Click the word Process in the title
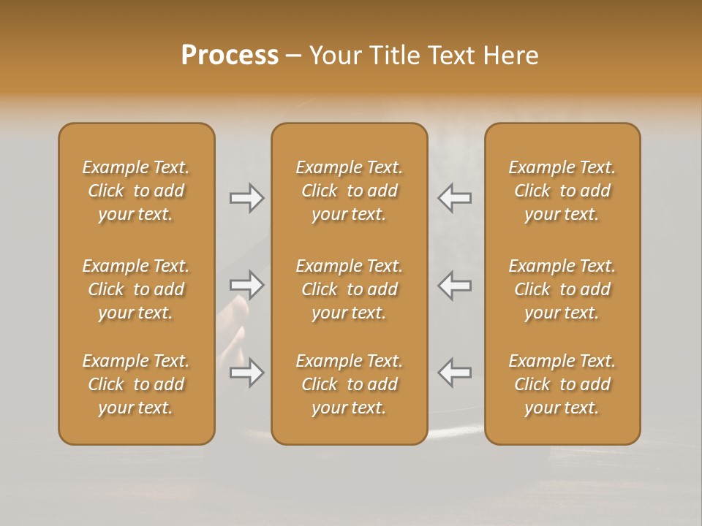pos(230,56)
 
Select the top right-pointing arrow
pos(247,197)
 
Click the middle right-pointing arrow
pos(247,285)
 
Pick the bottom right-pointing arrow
pos(247,373)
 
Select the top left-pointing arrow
pos(454,197)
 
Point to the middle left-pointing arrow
pos(454,285)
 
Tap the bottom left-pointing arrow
pos(454,373)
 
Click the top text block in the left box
pos(136,191)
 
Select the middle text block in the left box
pos(136,289)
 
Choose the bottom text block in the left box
pos(136,384)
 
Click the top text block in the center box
pos(349,191)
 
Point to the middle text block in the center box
pos(349,289)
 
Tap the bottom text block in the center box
pos(349,384)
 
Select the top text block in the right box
pos(562,191)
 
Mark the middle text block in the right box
pos(562,289)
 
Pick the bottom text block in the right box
pos(562,384)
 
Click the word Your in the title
pos(333,56)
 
